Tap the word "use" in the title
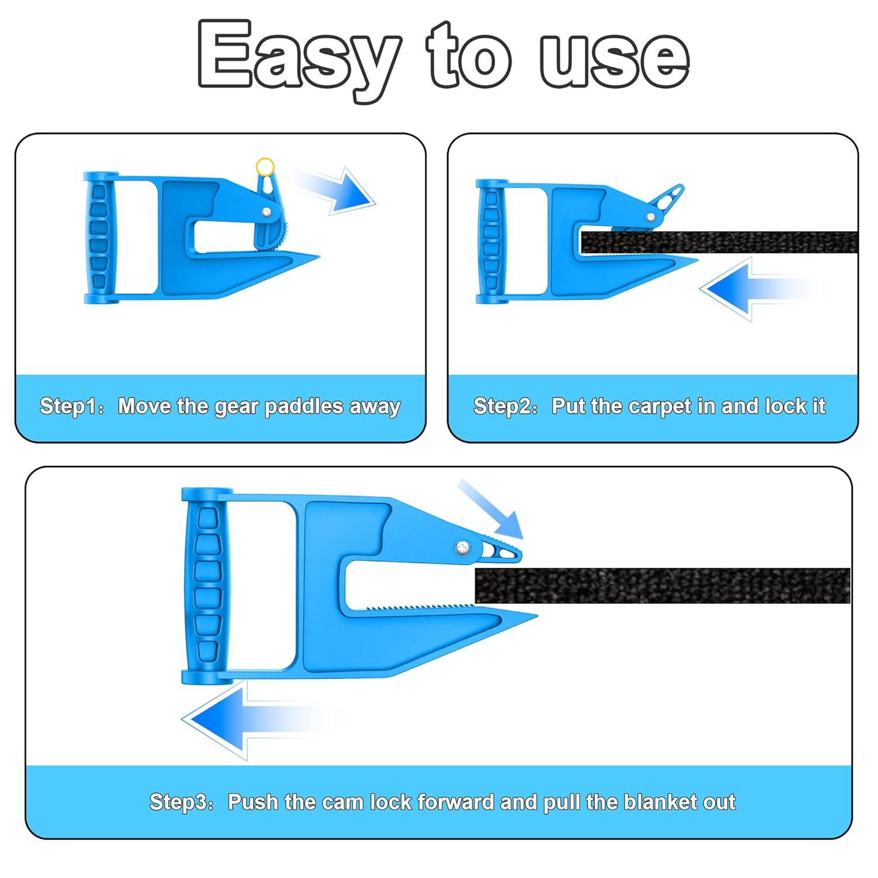(614, 59)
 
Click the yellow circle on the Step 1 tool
(265, 166)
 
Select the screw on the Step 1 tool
(266, 212)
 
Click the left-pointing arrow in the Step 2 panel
(761, 289)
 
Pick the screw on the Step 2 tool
(650, 217)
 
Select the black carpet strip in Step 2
(719, 242)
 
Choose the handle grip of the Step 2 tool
(491, 241)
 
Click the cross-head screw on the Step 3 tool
(463, 548)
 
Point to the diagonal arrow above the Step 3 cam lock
(491, 509)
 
